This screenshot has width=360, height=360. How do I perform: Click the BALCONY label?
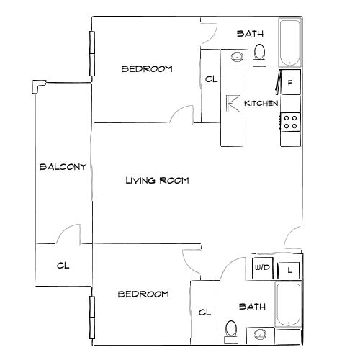[x=63, y=167]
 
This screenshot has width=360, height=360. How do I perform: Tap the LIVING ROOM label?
[x=157, y=181]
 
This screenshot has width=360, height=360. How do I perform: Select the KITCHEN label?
[x=261, y=104]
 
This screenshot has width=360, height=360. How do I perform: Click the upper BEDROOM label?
[x=147, y=69]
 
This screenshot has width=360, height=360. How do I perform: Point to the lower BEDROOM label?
[x=143, y=294]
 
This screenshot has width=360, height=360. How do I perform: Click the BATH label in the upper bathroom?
[x=250, y=33]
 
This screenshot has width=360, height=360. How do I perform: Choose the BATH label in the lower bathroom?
[x=251, y=307]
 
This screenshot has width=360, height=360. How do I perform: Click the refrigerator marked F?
[x=289, y=83]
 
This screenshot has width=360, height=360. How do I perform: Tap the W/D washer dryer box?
[x=261, y=269]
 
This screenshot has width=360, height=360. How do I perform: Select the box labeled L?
[x=289, y=270]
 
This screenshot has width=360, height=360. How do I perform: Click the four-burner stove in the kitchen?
[x=290, y=122]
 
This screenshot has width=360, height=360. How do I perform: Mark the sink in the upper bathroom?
[x=236, y=56]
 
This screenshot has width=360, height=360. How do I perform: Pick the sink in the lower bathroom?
[x=259, y=335]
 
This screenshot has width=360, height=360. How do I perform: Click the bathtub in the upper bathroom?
[x=290, y=43]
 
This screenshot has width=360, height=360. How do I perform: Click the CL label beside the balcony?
[x=63, y=265]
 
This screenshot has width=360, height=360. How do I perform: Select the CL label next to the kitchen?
[x=210, y=79]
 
